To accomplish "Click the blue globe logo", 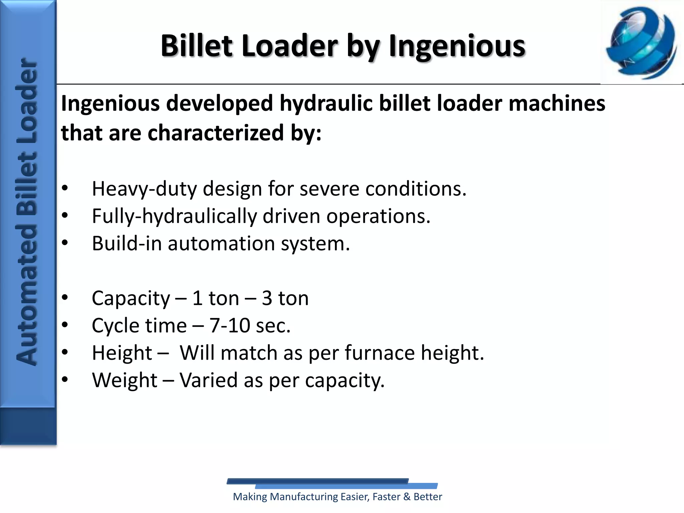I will pos(642,43).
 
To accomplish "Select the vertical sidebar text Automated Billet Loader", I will pos(27,212).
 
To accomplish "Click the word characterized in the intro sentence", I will pos(216,133).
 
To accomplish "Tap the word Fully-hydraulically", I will pos(174,216).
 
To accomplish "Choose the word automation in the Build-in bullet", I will pos(221,243).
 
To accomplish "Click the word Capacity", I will pos(131,298).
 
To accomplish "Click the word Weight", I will pos(125,380).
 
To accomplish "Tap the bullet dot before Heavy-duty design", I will pos(65,188).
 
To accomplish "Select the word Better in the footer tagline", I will pos(427,497).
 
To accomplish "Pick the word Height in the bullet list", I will pos(122,353).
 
